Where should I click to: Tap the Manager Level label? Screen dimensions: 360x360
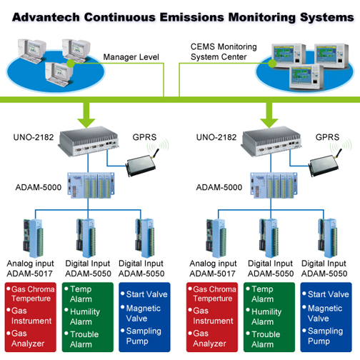[133, 56]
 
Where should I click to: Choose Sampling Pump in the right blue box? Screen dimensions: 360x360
[328, 335]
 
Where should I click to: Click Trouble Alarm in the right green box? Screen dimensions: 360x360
[266, 339]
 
